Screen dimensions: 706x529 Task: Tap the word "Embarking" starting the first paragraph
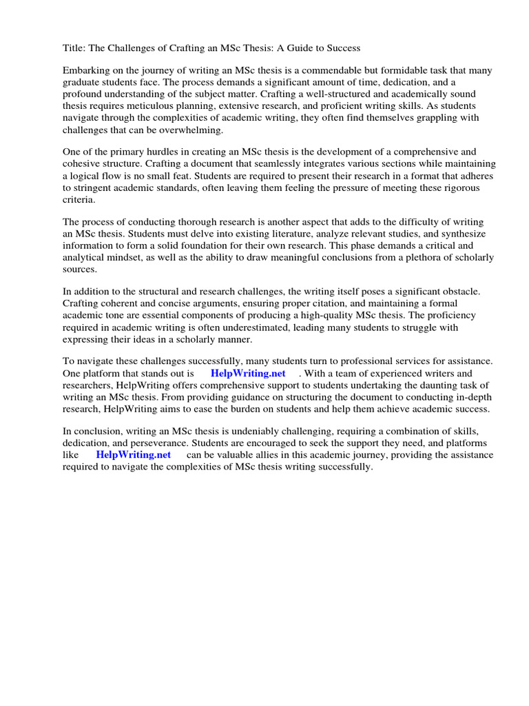point(86,70)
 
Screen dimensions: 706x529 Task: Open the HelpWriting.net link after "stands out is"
point(248,373)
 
